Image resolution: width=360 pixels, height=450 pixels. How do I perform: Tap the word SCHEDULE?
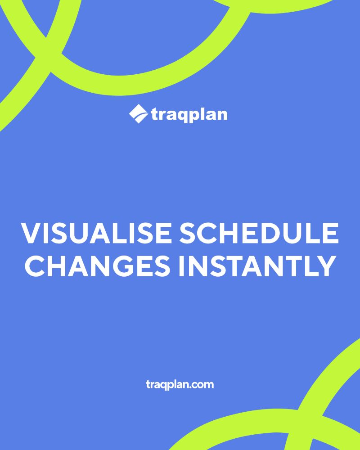pyautogui.click(x=259, y=233)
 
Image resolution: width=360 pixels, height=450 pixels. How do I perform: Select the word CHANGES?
pyautogui.click(x=97, y=266)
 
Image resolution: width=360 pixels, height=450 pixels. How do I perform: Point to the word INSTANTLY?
pyautogui.click(x=257, y=266)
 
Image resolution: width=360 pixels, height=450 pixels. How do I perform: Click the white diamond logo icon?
pyautogui.click(x=138, y=114)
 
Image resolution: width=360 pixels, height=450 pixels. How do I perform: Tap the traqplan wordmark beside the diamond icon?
pyautogui.click(x=189, y=115)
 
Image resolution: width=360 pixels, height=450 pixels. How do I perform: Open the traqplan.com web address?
pyautogui.click(x=180, y=385)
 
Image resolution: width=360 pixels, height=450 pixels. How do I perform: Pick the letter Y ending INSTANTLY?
pyautogui.click(x=326, y=266)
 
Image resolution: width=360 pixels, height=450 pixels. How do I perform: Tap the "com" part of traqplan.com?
pyautogui.click(x=202, y=385)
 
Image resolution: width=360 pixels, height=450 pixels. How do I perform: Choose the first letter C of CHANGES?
pyautogui.click(x=35, y=266)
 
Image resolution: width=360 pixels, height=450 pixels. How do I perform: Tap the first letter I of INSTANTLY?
pyautogui.click(x=181, y=266)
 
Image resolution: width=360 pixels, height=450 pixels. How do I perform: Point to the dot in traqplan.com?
pyautogui.click(x=188, y=387)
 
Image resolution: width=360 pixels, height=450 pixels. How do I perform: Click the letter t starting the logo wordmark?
pyautogui.click(x=154, y=115)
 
